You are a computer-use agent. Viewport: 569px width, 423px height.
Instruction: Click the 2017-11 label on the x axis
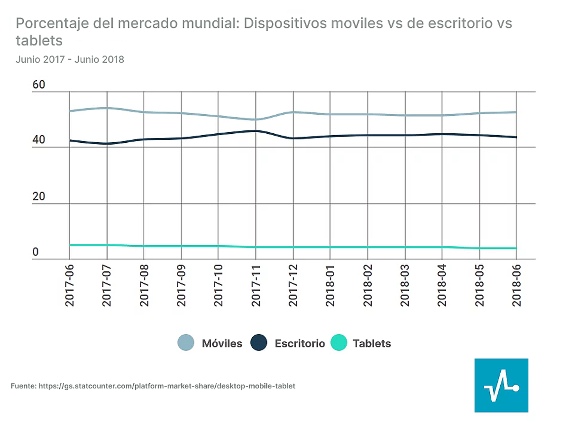point(256,286)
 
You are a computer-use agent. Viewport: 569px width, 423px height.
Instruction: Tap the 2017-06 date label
point(70,286)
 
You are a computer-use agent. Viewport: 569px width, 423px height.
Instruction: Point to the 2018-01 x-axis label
point(330,286)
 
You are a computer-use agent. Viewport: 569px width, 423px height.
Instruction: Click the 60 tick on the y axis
point(38,85)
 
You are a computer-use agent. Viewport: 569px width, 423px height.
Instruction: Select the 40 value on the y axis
point(38,141)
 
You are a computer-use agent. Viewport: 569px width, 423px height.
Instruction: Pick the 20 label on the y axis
point(38,197)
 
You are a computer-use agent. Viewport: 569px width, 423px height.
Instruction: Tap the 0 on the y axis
point(35,252)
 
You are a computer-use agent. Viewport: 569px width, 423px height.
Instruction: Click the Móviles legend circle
point(186,343)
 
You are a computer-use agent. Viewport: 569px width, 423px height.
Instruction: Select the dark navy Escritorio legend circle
point(259,343)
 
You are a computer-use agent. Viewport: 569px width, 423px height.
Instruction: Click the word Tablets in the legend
point(372,343)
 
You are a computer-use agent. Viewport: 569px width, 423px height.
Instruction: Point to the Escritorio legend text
point(300,343)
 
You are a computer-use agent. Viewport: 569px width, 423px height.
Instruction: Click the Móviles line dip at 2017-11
point(256,120)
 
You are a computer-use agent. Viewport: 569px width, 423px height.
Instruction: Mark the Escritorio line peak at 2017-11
point(256,131)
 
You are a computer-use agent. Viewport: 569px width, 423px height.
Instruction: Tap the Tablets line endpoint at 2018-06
point(516,248)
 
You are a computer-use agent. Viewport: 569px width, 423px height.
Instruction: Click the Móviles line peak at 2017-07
point(107,108)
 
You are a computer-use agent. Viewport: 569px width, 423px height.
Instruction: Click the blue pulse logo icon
point(501,385)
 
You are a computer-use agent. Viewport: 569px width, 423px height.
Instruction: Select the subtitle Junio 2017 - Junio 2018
point(70,60)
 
